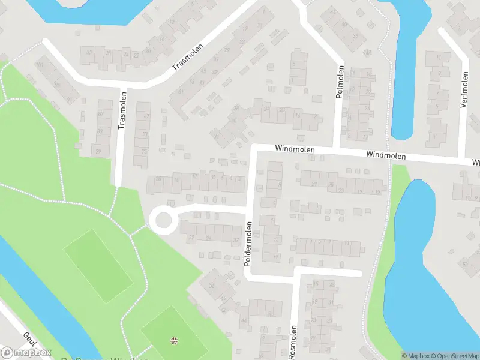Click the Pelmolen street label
pos(340,82)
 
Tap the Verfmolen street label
pos(464,89)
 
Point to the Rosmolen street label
pos(293,343)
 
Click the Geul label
pos(30,340)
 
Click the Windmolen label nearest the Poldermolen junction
pos(295,148)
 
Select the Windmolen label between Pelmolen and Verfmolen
pos(386,155)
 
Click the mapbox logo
pos(26,353)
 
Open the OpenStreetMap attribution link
pos(458,356)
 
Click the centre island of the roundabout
pos(163,220)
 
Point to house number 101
pos(40,64)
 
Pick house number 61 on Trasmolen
pos(181,92)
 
